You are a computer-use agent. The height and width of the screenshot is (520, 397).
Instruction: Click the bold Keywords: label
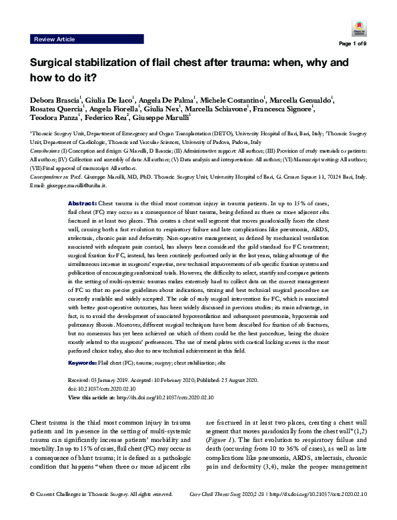[83, 363]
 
